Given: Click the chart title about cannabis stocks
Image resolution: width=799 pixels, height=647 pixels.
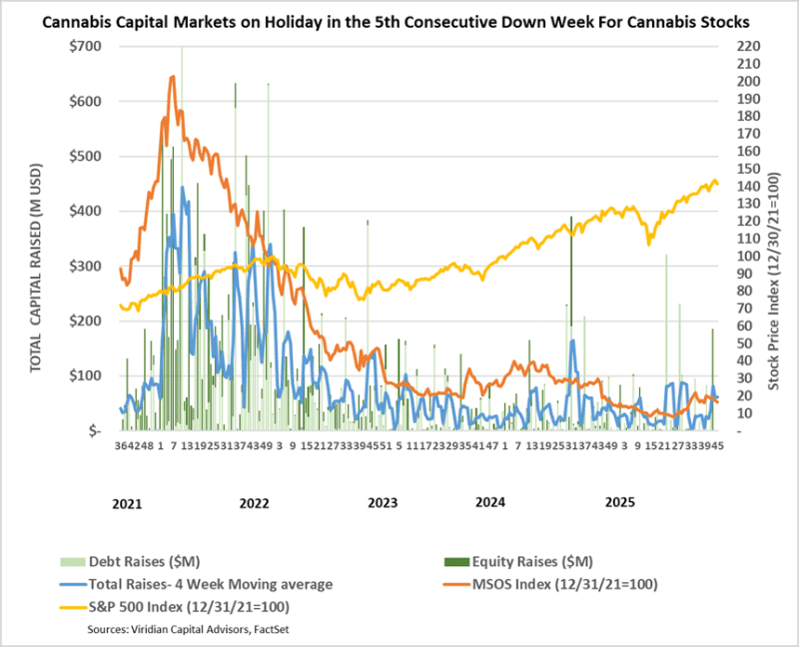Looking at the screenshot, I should [399, 21].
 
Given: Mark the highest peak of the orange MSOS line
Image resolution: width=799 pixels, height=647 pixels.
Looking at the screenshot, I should [173, 77].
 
